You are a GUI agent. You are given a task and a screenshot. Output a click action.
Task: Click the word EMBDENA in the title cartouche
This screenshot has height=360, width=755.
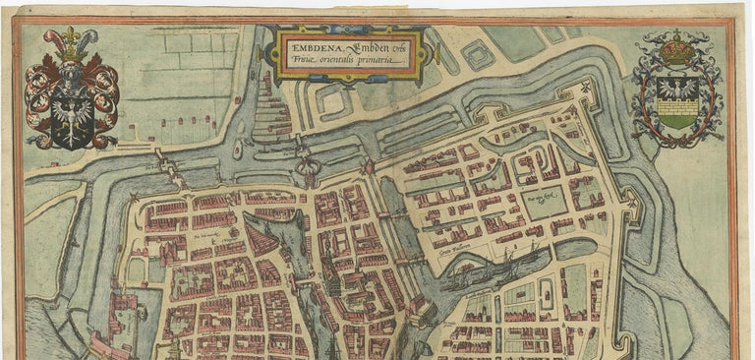click(x=313, y=42)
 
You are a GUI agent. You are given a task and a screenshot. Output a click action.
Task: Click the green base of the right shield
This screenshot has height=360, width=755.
click(x=677, y=121)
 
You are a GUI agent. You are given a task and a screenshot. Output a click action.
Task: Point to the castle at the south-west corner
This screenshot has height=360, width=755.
click(x=123, y=315)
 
